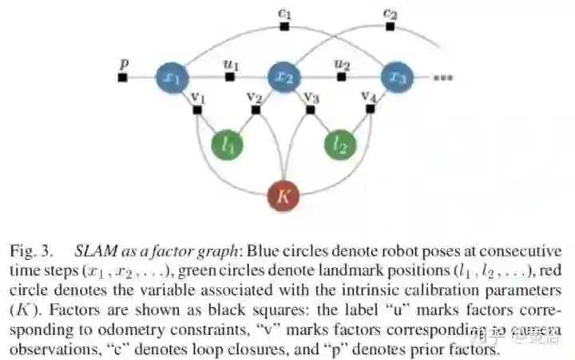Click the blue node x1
click(171, 77)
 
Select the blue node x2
click(284, 77)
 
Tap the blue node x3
click(397, 77)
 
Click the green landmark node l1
click(227, 144)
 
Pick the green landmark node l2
click(340, 144)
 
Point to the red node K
click(284, 195)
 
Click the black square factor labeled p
click(122, 77)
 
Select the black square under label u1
click(229, 77)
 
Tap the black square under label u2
click(341, 77)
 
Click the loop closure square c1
click(284, 27)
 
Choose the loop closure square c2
click(391, 27)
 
